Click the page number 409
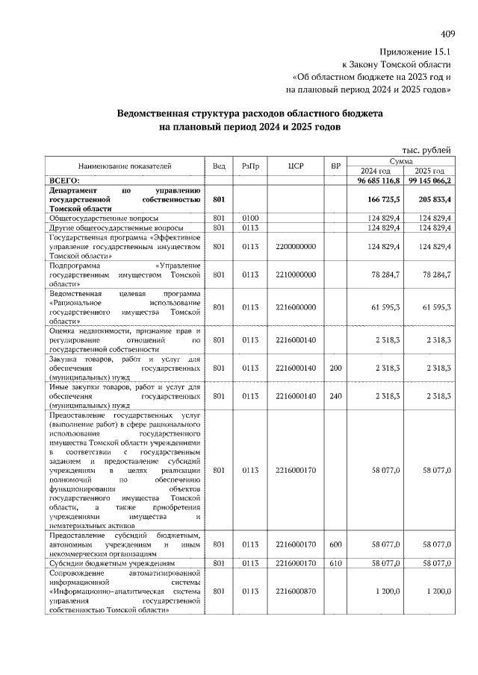coord(448,34)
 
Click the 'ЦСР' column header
coord(294,166)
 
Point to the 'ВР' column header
coord(336,166)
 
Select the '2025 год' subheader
coord(429,171)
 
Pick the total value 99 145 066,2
coord(429,180)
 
